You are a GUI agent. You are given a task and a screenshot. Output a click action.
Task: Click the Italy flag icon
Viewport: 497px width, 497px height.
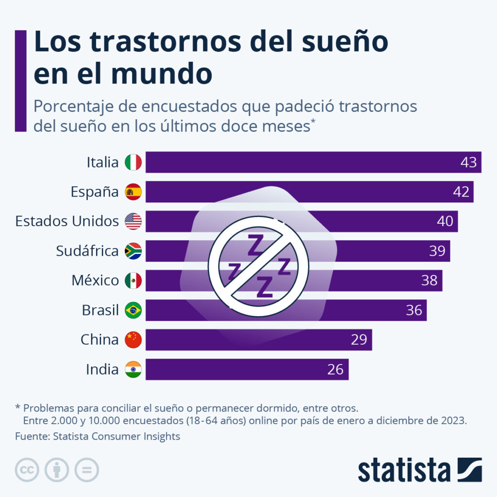coord(133,162)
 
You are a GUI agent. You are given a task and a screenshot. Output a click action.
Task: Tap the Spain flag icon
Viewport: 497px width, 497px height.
coord(133,192)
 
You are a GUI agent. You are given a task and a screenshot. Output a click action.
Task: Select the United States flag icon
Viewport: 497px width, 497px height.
coord(133,221)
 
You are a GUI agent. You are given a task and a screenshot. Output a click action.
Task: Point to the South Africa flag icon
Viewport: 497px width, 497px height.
coord(133,251)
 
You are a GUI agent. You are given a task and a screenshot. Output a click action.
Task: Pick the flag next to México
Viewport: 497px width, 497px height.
coord(133,281)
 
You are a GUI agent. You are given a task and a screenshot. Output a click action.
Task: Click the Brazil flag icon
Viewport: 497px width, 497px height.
coord(133,310)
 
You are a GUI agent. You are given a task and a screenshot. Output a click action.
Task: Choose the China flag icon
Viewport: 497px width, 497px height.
coord(133,340)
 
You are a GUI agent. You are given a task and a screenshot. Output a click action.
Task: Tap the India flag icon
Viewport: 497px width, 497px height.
coord(133,369)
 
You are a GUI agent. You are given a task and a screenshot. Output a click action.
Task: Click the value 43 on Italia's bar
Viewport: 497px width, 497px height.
coord(468,162)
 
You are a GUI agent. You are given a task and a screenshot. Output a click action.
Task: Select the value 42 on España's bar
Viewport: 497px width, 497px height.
coord(461,192)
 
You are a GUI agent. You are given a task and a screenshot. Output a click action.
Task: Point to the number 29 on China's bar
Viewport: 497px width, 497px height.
coord(359,340)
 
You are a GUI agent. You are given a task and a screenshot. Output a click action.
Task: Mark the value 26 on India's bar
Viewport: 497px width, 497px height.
coord(335,369)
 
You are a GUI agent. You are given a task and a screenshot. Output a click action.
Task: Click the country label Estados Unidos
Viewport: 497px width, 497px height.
coord(67,221)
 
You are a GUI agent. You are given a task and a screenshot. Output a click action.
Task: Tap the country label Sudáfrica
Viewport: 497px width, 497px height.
coord(87,251)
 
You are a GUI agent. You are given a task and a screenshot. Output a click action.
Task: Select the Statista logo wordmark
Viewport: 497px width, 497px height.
coord(404,470)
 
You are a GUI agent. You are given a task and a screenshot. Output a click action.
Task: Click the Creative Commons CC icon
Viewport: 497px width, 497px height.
coord(27,470)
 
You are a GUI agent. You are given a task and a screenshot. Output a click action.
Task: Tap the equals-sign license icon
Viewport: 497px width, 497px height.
coord(86,470)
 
